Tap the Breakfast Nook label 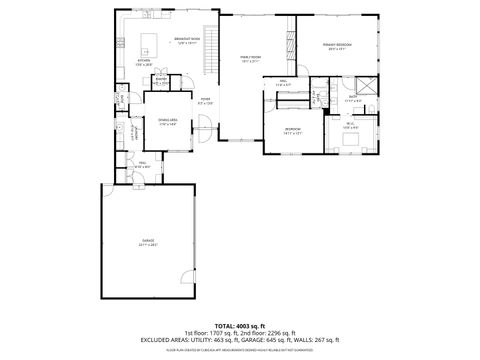point(188,40)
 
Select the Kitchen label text point(144,61)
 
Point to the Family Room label point(250,60)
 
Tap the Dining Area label point(168,122)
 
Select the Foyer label point(205,100)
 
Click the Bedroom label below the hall point(293,130)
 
